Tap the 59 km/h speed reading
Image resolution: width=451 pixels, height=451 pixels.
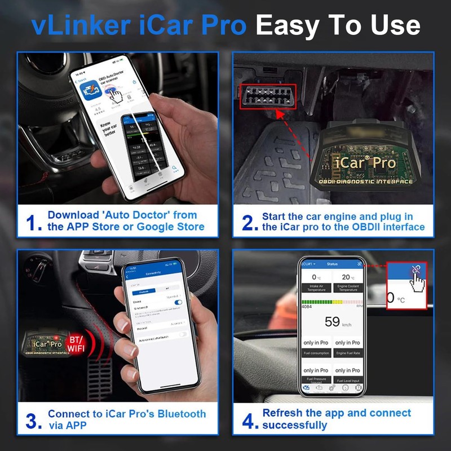[332, 322]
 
